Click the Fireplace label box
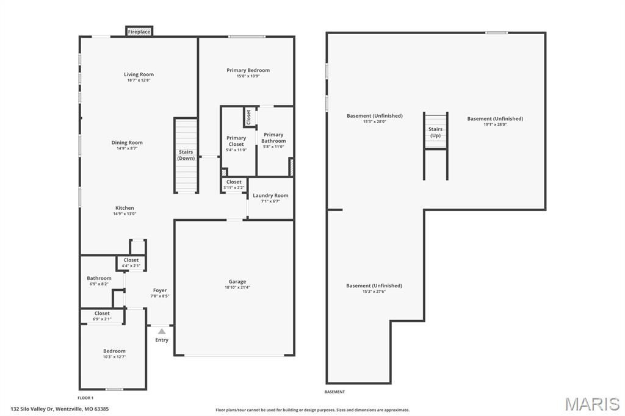(139, 32)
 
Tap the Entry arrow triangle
(161, 331)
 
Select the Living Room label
(139, 74)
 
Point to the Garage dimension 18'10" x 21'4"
(237, 287)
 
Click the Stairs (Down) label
(186, 155)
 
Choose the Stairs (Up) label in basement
(435, 132)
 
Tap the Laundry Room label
(270, 195)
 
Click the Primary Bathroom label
(273, 138)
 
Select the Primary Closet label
(236, 141)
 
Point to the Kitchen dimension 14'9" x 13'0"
(125, 213)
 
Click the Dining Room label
(127, 142)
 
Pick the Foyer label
(160, 290)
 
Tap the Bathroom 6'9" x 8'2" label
(99, 281)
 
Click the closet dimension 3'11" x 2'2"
(234, 188)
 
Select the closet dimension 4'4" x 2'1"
(131, 266)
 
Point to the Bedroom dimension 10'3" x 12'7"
(114, 357)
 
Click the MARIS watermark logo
(592, 404)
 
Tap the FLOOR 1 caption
(85, 398)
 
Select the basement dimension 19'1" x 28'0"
(495, 124)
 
